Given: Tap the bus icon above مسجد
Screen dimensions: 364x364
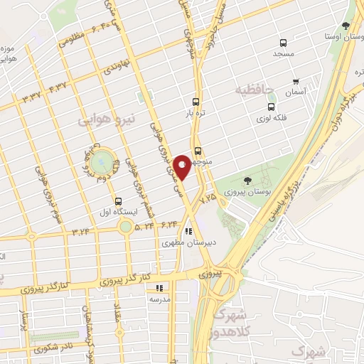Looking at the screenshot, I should pos(283,43).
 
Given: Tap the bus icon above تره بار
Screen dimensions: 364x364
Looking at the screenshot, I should pos(196,101).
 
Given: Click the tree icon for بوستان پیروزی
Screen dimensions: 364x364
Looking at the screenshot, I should pos(247,181).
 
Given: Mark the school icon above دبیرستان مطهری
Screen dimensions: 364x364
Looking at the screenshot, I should pos(188,231).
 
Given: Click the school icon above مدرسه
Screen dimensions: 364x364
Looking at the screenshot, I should pos(159,288).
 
